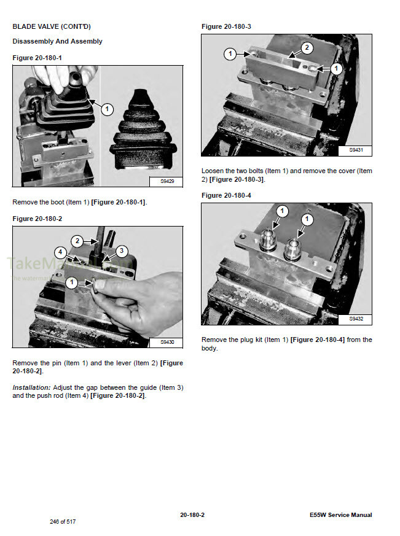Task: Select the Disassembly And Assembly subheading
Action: pos(57,42)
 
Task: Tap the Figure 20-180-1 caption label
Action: pos(37,57)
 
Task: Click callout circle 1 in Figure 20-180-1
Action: pos(107,109)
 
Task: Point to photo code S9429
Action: pos(167,181)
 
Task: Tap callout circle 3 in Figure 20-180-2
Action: pos(121,251)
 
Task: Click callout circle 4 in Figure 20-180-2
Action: pos(60,252)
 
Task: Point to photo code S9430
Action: pos(167,342)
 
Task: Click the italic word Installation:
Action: pos(31,387)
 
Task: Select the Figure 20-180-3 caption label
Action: pos(226,26)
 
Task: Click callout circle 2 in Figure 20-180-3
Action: pos(307,48)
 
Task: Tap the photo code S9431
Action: pos(356,150)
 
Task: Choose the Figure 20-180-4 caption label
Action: pos(226,195)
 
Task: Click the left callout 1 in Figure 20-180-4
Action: pos(282,211)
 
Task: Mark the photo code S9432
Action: pos(356,319)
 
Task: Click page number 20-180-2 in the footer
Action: pos(192,515)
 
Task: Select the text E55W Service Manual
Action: pos(341,515)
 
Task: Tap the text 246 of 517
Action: pos(63,522)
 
